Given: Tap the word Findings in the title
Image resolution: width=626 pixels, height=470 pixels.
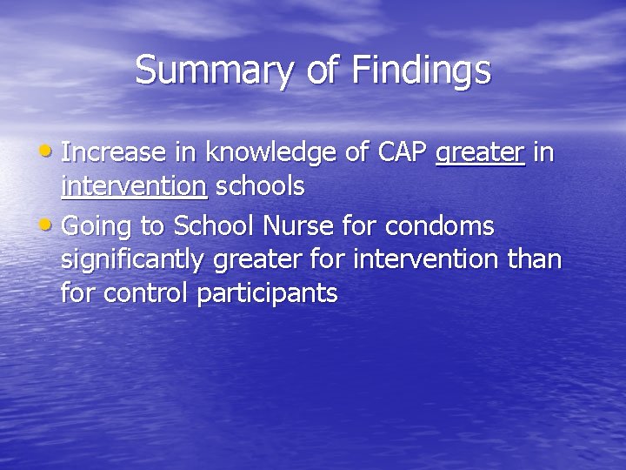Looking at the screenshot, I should coord(421,70).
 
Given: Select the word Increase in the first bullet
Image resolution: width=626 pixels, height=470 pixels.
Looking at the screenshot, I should coord(115,153).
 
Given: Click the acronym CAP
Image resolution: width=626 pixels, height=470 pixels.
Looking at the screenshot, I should coord(403,153).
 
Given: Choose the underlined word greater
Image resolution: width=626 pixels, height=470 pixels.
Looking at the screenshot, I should coord(480,153).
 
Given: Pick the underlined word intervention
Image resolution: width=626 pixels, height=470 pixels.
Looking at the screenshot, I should coord(134,185).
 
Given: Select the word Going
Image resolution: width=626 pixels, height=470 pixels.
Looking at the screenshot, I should coord(99,227).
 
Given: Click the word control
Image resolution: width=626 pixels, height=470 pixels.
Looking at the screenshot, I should coord(147,293).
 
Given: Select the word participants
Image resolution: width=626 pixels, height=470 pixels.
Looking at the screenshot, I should coord(268,293).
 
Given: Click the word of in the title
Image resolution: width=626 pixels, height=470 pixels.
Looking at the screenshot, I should coord(322,70).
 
